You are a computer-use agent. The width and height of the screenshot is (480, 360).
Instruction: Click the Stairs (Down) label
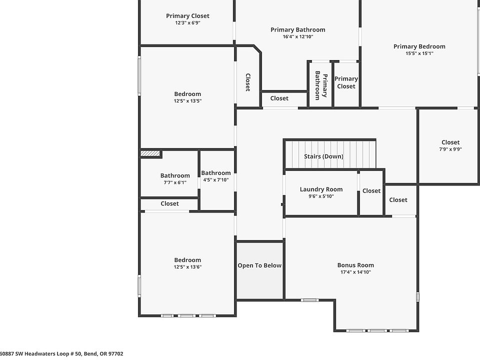click(x=323, y=156)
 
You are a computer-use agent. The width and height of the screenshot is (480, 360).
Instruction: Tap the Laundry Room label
click(x=321, y=189)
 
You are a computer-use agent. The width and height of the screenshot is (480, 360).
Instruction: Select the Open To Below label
click(x=259, y=265)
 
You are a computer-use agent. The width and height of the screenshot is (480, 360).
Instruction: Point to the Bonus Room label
click(x=355, y=265)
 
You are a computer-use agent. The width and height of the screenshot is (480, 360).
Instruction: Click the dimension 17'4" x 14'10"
click(x=355, y=272)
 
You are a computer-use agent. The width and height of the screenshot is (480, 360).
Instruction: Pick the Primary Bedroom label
click(x=419, y=46)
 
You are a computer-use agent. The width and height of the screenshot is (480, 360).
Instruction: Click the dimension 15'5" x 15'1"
click(x=419, y=53)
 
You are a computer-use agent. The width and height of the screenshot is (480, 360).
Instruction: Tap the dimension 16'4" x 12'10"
click(x=298, y=36)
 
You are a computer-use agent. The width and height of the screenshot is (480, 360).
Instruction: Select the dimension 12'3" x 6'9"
click(x=187, y=22)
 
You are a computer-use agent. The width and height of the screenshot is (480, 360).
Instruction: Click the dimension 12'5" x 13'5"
click(x=187, y=100)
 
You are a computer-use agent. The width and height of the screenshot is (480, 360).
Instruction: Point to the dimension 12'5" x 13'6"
click(x=187, y=266)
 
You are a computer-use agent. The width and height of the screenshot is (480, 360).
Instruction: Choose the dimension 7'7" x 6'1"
click(x=175, y=182)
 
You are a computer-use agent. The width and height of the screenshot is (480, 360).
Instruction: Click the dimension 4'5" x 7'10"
click(x=216, y=179)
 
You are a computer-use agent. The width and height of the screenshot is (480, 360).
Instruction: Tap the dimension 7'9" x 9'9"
click(x=450, y=149)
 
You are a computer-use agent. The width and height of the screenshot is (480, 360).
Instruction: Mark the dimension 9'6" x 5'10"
click(x=321, y=196)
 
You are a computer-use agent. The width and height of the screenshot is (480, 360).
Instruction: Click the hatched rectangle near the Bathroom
click(x=150, y=153)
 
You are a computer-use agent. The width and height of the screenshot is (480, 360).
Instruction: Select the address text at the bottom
click(x=61, y=353)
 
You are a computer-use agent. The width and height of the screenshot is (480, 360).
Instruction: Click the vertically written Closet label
click(x=248, y=82)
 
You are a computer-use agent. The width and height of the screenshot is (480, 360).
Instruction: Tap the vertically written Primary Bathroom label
click(x=321, y=85)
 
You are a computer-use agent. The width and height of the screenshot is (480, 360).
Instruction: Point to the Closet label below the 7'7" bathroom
click(x=169, y=203)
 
